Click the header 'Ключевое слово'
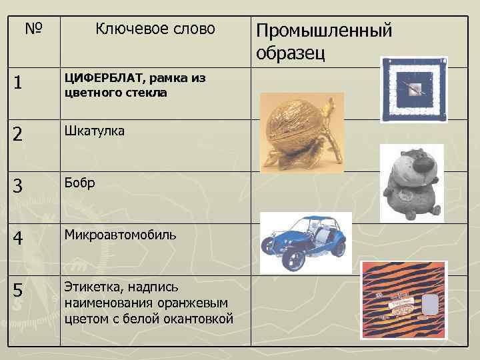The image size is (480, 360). coord(155,29)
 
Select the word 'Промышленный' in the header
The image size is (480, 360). coord(324,31)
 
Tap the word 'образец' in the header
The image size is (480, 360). coord(290,53)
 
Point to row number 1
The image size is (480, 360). coord(19,83)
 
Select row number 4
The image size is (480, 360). coord(20,237)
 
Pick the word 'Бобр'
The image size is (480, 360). coord(79,183)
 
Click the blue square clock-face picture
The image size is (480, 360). coord(413,89)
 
